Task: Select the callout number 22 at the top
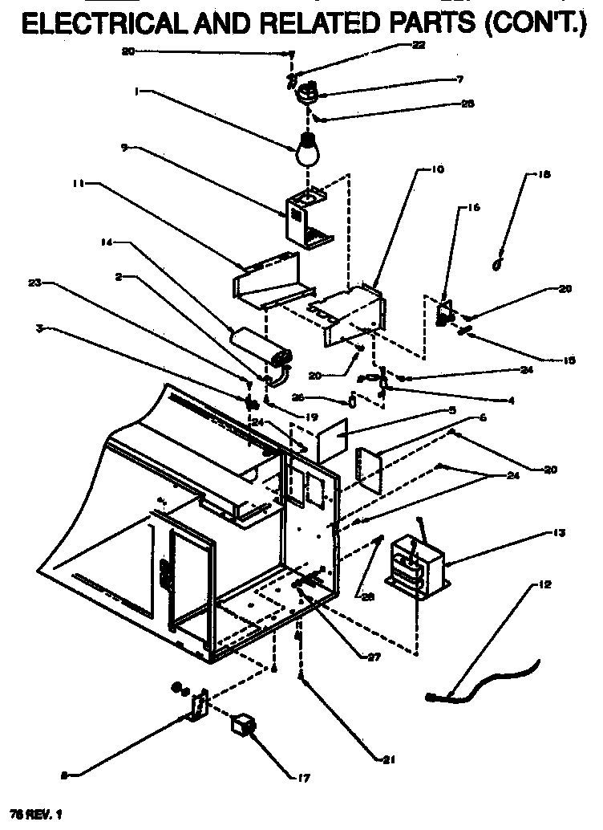coord(419,46)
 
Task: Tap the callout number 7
coord(459,80)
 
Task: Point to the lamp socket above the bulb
coord(307,95)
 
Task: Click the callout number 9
coord(125,147)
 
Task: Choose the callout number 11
coord(77,184)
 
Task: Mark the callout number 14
coord(105,242)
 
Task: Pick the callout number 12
coord(545,584)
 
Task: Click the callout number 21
coord(390,759)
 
